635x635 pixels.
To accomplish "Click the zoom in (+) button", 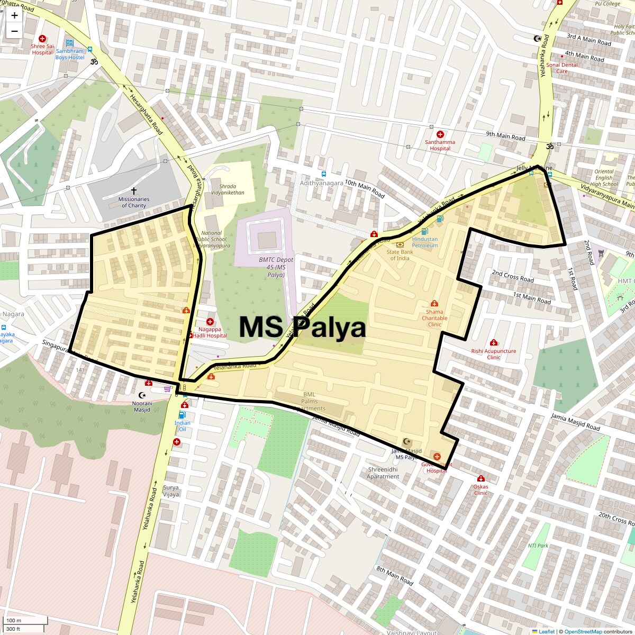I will [x=14, y=15].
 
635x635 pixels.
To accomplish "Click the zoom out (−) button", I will [x=14, y=31].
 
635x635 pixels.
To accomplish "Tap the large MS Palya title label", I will [x=302, y=327].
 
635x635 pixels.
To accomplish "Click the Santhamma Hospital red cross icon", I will [x=440, y=134].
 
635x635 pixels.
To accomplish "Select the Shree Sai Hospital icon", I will [x=42, y=39].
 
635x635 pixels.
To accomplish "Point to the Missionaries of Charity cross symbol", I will [x=133, y=190].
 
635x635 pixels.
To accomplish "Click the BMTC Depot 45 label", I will [x=276, y=267].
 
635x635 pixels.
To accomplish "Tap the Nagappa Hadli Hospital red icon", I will [x=210, y=322].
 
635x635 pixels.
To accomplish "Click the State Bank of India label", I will [x=400, y=255].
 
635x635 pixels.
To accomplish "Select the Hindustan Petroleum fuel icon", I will [x=424, y=231].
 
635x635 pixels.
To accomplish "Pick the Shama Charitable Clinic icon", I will [x=434, y=304].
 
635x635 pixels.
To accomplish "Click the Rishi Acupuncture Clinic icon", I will [x=494, y=343].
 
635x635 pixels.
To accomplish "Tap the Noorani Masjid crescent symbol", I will [x=141, y=395].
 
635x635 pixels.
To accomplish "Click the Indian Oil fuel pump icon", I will [x=183, y=415].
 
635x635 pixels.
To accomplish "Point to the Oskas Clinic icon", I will [x=480, y=479].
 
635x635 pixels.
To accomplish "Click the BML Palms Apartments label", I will [x=310, y=401].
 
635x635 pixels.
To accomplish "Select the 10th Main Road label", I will [x=365, y=188].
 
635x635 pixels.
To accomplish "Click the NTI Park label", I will [x=538, y=546].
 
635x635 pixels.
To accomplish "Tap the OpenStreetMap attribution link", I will [x=583, y=631].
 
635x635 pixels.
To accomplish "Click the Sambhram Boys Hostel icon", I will [x=70, y=43].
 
